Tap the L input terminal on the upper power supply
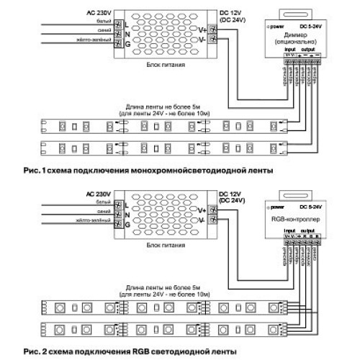pyautogui.click(x=118, y=24)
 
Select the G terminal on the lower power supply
pyautogui.click(x=118, y=225)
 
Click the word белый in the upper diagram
pyautogui.click(x=99, y=21)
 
